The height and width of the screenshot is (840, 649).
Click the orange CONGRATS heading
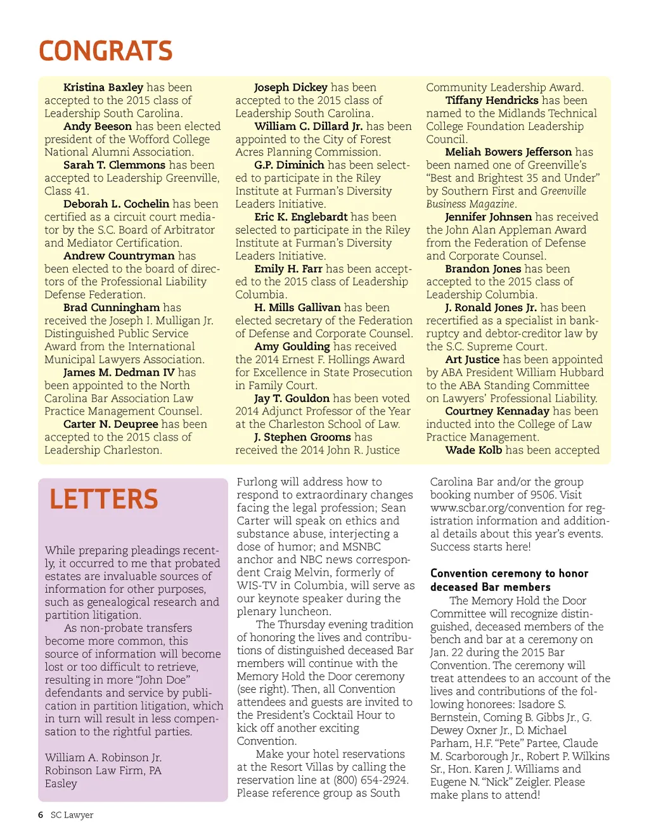105,51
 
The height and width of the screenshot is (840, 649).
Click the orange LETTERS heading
104,500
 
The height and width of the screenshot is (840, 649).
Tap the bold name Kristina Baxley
103,87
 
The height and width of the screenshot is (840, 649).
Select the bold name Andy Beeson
98,126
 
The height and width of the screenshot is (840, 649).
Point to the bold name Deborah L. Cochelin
116,204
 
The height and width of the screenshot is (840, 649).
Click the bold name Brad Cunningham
112,307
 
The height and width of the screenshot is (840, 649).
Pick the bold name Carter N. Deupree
111,424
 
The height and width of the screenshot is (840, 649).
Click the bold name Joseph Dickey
291,87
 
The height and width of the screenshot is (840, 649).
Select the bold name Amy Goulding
292,347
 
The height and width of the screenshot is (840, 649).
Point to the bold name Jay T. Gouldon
292,398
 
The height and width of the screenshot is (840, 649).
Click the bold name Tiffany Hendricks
492,100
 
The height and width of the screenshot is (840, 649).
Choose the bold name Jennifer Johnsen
488,217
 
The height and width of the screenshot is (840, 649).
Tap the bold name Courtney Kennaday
497,411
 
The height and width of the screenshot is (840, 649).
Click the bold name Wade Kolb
473,450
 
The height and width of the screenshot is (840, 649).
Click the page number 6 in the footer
41,815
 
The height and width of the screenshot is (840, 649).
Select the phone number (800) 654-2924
371,780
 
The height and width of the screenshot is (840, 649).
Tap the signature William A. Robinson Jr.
103,758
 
